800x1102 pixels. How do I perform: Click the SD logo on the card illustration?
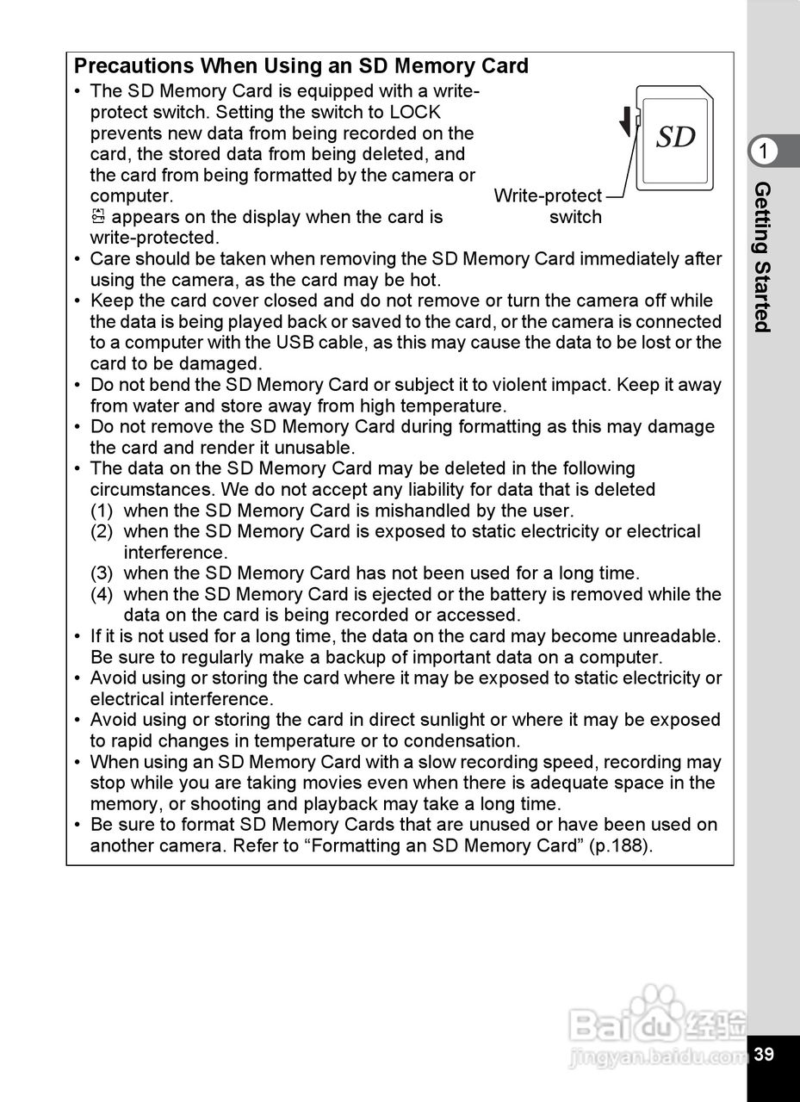pos(676,137)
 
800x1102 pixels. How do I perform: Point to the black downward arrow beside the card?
pos(625,125)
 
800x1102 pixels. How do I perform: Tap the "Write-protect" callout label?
pos(548,196)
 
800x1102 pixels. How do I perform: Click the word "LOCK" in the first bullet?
pos(415,112)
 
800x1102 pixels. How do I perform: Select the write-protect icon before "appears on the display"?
pos(97,217)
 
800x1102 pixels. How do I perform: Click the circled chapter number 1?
pos(763,152)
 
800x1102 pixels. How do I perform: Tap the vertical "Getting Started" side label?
pos(763,257)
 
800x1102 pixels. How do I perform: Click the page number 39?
pos(764,1055)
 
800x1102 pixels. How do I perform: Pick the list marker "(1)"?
pos(102,511)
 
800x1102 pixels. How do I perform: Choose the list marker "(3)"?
pos(102,573)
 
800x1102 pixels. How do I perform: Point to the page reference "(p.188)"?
pos(621,845)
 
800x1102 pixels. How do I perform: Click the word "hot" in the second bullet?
pos(425,280)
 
